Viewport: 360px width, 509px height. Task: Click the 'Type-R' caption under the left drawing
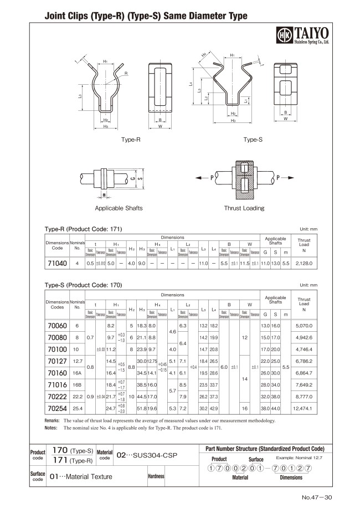[131, 140]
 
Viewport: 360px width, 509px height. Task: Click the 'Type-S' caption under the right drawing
[253, 140]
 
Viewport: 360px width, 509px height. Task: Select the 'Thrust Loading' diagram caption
[244, 208]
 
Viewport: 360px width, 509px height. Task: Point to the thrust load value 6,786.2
[305, 361]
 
